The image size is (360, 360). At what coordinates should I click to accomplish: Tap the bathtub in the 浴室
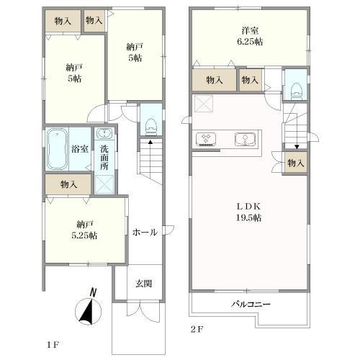coord(57,149)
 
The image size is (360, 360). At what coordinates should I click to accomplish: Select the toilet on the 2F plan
coord(297,91)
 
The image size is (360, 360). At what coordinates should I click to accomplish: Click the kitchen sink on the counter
coord(245,139)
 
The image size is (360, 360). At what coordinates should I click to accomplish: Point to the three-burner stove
coord(206,139)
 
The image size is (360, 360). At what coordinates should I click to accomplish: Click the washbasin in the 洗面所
coord(104,133)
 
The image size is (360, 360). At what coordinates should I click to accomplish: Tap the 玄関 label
coord(143,284)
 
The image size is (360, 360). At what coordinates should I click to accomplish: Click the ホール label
coord(145,232)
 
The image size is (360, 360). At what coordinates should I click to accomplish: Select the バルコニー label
coord(251,305)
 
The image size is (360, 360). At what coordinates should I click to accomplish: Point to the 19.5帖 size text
coord(249,217)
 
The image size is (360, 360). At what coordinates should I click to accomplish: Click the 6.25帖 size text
coord(250,42)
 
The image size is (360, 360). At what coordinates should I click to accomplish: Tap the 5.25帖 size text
coord(84,235)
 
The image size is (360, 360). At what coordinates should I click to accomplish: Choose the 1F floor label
coord(53,345)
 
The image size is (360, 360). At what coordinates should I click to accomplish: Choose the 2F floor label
coord(197,330)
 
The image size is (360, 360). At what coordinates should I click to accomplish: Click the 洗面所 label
coord(104,158)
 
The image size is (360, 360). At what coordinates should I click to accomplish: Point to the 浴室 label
coord(80,149)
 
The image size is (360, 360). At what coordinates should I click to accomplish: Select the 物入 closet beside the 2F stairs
coord(296,163)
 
